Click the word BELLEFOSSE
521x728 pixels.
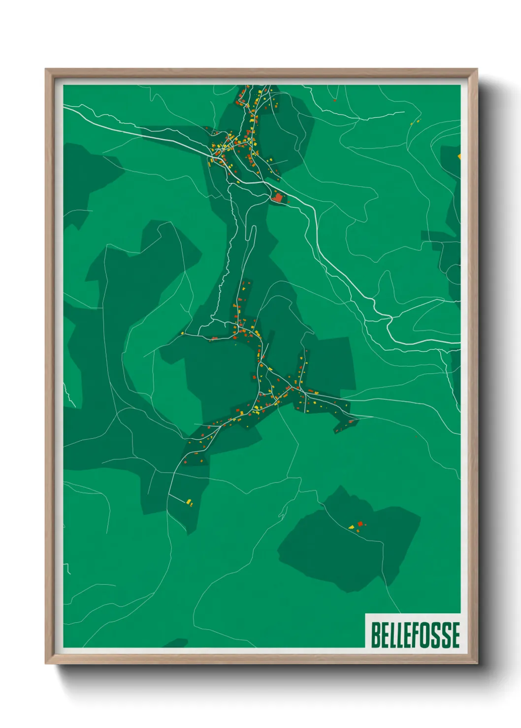(415, 635)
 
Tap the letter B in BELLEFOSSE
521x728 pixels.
(375, 635)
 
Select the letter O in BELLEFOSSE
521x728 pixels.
(426, 635)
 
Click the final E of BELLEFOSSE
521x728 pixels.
(456, 635)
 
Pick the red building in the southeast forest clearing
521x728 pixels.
(360, 524)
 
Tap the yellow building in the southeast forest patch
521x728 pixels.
(352, 527)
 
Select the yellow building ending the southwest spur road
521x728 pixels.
(189, 502)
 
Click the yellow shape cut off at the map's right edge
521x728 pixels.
(459, 156)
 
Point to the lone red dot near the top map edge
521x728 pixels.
(335, 100)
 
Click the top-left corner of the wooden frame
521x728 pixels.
(46, 69)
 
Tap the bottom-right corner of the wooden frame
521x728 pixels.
(477, 663)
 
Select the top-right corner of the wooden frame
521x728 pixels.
(477, 69)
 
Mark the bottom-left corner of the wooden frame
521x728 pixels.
(46, 663)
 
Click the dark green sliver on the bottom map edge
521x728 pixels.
(176, 643)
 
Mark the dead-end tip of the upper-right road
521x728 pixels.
(404, 112)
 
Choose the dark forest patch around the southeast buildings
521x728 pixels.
(345, 551)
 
